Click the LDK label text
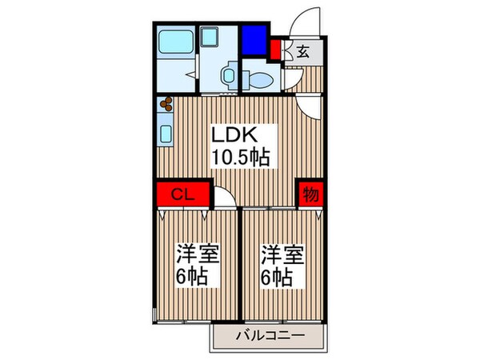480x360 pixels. (x=234, y=134)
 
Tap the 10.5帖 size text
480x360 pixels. (x=239, y=157)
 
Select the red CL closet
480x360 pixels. (x=182, y=194)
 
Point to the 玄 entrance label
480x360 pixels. (x=304, y=53)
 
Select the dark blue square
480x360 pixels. (x=254, y=38)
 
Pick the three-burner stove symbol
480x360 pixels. (x=167, y=104)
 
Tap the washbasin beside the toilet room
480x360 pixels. (x=227, y=77)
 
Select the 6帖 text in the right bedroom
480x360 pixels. (x=274, y=279)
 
